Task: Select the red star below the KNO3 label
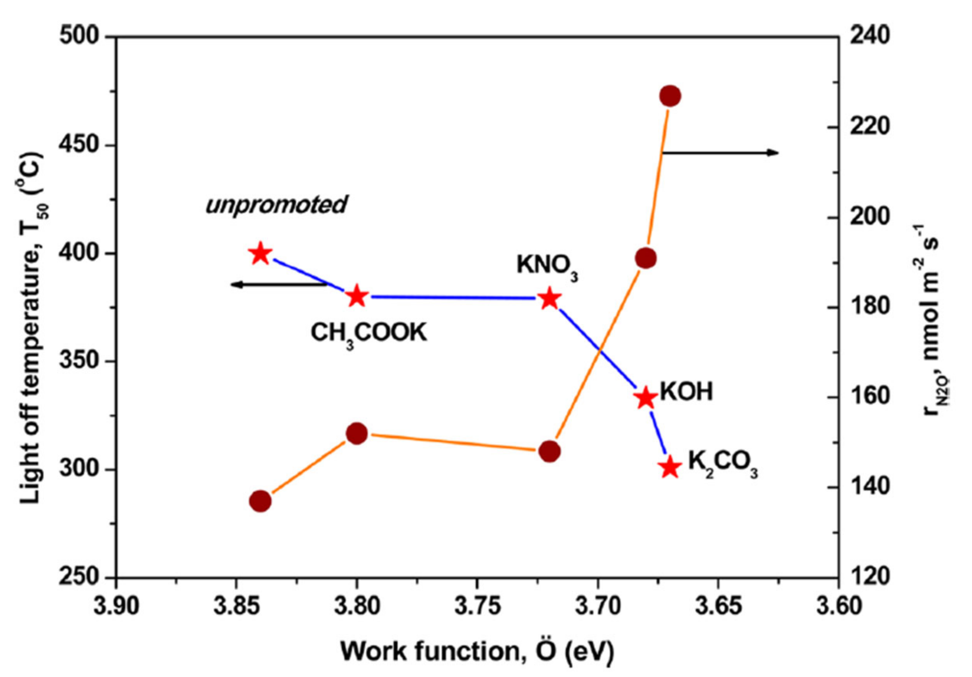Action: pos(549,299)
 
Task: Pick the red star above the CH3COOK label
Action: pos(357,296)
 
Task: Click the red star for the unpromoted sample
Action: pos(260,254)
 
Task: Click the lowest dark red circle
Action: pos(260,501)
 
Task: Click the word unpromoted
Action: pos(276,205)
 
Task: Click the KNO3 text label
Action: pos(547,267)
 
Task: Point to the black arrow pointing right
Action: pos(720,152)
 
